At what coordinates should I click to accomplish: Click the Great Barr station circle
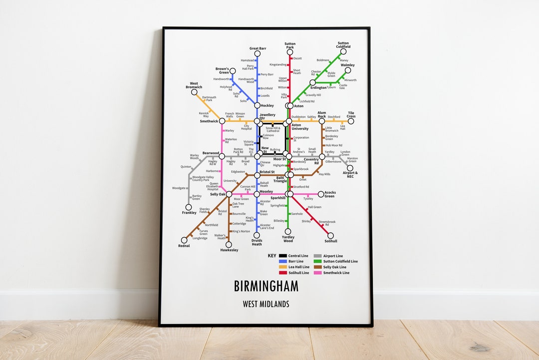click(x=257, y=53)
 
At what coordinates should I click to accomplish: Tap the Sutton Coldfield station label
click(x=343, y=45)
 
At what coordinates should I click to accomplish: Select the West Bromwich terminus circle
click(x=194, y=92)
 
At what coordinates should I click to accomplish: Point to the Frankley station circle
click(x=189, y=207)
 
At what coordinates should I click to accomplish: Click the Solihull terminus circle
click(x=330, y=236)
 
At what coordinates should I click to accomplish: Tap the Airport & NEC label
click(x=350, y=175)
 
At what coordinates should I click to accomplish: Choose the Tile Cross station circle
click(x=351, y=121)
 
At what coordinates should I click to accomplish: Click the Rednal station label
click(x=184, y=246)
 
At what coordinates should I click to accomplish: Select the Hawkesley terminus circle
click(x=229, y=245)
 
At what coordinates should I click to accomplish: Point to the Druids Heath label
click(x=257, y=242)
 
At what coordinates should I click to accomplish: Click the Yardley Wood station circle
click(x=288, y=231)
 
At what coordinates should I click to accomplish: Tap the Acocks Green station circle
click(x=321, y=194)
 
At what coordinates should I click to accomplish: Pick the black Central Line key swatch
click(x=282, y=256)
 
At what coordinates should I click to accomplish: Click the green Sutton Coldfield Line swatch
click(x=317, y=261)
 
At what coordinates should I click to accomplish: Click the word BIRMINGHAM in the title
click(x=266, y=286)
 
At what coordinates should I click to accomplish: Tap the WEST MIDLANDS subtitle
click(x=266, y=304)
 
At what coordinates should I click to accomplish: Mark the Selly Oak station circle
click(x=229, y=194)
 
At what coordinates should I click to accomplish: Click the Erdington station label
click(x=318, y=88)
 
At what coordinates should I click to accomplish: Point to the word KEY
click(x=271, y=256)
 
